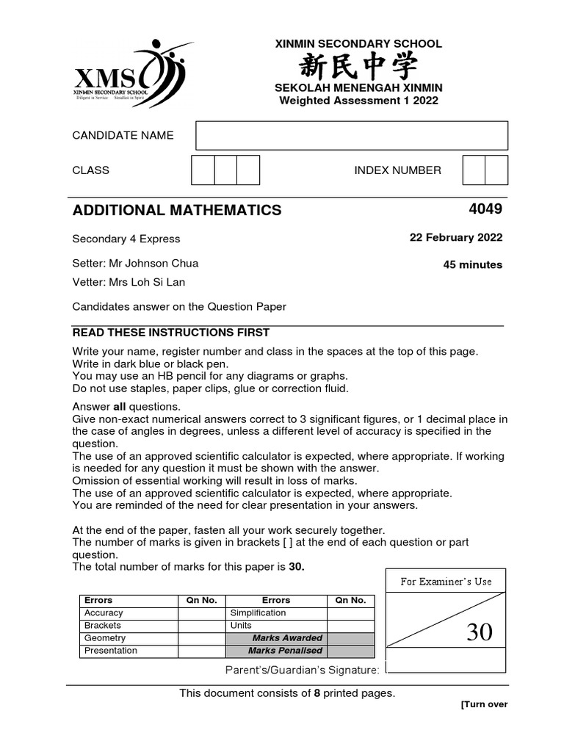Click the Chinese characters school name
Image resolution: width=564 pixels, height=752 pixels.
pyautogui.click(x=358, y=68)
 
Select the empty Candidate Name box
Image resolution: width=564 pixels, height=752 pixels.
pyautogui.click(x=352, y=135)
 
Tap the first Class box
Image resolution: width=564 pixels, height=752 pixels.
pyautogui.click(x=203, y=170)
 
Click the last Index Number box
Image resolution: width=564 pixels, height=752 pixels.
pyautogui.click(x=496, y=170)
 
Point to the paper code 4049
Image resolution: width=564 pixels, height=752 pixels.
pyautogui.click(x=485, y=209)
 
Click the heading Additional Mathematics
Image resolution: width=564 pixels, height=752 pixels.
pyautogui.click(x=177, y=211)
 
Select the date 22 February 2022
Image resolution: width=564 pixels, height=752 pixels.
pyautogui.click(x=455, y=238)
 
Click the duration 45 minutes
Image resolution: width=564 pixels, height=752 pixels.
pyautogui.click(x=472, y=264)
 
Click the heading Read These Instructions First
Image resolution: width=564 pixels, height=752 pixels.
pyautogui.click(x=170, y=333)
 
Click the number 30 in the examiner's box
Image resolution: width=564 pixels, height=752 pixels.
pyautogui.click(x=480, y=632)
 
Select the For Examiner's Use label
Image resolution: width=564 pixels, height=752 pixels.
pyautogui.click(x=446, y=582)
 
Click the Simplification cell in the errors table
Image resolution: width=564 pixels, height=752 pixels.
pyautogui.click(x=258, y=612)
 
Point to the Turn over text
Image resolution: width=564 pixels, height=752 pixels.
pyautogui.click(x=484, y=704)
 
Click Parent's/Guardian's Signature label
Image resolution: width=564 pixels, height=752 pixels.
pyautogui.click(x=302, y=670)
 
